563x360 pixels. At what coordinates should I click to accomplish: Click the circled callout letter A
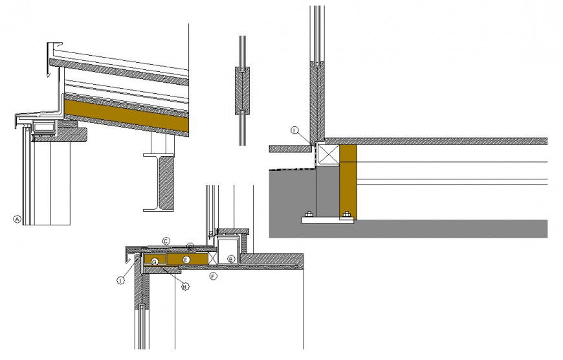tap(17, 219)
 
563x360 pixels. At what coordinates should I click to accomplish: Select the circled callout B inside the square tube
tap(230, 259)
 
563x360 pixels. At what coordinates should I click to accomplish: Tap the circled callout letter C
tap(166, 241)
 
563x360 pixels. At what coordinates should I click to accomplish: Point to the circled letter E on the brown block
tap(186, 260)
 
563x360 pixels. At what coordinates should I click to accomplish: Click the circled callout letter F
tap(214, 276)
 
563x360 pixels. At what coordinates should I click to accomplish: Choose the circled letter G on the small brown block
tap(155, 261)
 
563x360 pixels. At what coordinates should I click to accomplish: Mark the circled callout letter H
tap(185, 286)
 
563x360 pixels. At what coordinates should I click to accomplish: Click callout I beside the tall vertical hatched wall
tap(294, 131)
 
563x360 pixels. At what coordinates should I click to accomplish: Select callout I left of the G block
tap(120, 280)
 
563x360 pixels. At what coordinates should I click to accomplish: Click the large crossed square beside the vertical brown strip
tap(327, 156)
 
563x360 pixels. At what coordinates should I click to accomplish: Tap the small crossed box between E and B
tap(213, 259)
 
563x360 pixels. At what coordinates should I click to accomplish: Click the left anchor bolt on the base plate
tap(309, 214)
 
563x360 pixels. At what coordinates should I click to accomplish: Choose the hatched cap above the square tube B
tap(233, 231)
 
